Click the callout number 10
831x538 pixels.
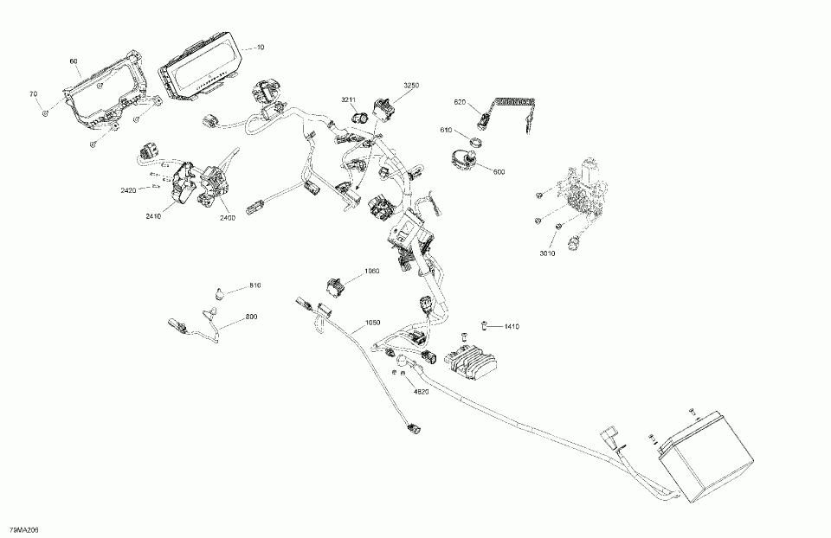[261, 47]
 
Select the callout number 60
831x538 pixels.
[74, 61]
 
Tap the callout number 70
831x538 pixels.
[33, 93]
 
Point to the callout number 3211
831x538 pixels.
[348, 100]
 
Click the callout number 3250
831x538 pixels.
[411, 85]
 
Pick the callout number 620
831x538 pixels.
[460, 102]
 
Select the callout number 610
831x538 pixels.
[446, 130]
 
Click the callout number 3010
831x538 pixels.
[546, 253]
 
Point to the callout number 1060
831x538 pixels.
[371, 271]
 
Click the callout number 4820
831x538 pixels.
[422, 391]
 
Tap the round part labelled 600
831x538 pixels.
[460, 159]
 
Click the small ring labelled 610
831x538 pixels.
[473, 140]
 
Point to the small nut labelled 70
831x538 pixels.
[44, 112]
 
